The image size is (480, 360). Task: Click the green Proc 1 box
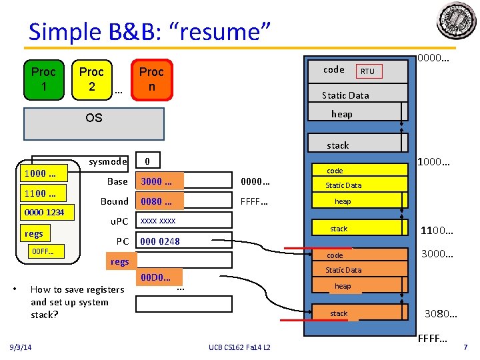[x=44, y=80]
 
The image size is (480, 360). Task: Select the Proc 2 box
[x=92, y=80]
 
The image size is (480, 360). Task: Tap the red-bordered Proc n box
[x=151, y=80]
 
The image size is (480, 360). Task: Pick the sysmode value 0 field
[x=148, y=161]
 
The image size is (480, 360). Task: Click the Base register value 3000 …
[x=159, y=181]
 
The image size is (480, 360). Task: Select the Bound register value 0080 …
[x=159, y=201]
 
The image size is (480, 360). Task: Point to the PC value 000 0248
[x=160, y=241]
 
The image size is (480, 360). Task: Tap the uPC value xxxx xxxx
[x=158, y=221]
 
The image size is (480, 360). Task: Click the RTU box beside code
[x=367, y=71]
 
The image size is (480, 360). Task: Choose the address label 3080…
[x=441, y=313]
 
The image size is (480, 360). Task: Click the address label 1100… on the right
[x=437, y=231]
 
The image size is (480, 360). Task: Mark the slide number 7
[x=465, y=347]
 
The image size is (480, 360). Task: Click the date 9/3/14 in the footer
[x=24, y=347]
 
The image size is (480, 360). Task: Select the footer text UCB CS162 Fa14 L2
[x=240, y=347]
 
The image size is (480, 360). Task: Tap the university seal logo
[x=456, y=21]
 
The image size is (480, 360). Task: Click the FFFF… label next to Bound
[x=255, y=201]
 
